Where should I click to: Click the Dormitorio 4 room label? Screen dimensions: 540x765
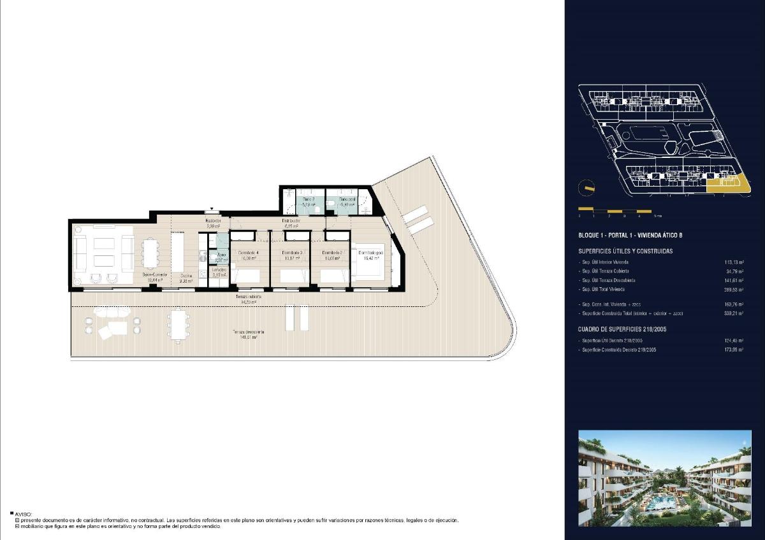click(x=249, y=254)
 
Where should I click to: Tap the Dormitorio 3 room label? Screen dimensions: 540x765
click(x=291, y=254)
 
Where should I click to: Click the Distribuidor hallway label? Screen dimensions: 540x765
click(x=291, y=222)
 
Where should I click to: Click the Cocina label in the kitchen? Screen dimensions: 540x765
click(x=186, y=278)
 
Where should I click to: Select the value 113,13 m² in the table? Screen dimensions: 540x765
click(x=733, y=262)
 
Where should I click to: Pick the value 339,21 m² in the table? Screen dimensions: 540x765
click(x=733, y=313)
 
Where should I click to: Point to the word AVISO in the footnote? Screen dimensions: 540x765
click(x=23, y=513)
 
